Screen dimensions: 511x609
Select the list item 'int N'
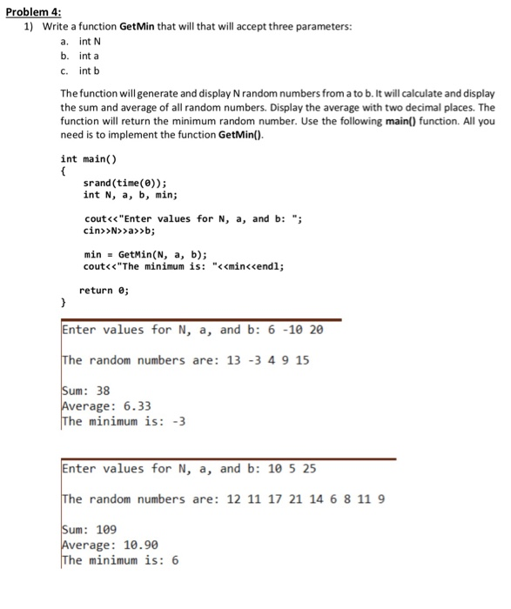tap(91, 42)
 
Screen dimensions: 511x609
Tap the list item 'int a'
tap(90, 56)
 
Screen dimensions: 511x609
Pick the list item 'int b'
tap(90, 70)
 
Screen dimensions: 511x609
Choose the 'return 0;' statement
tap(105, 290)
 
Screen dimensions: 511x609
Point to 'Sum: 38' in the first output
tap(85, 391)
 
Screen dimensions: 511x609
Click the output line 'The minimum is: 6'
tap(120, 560)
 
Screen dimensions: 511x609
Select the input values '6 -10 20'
tap(299, 330)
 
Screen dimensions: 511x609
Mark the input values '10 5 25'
tap(292, 469)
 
